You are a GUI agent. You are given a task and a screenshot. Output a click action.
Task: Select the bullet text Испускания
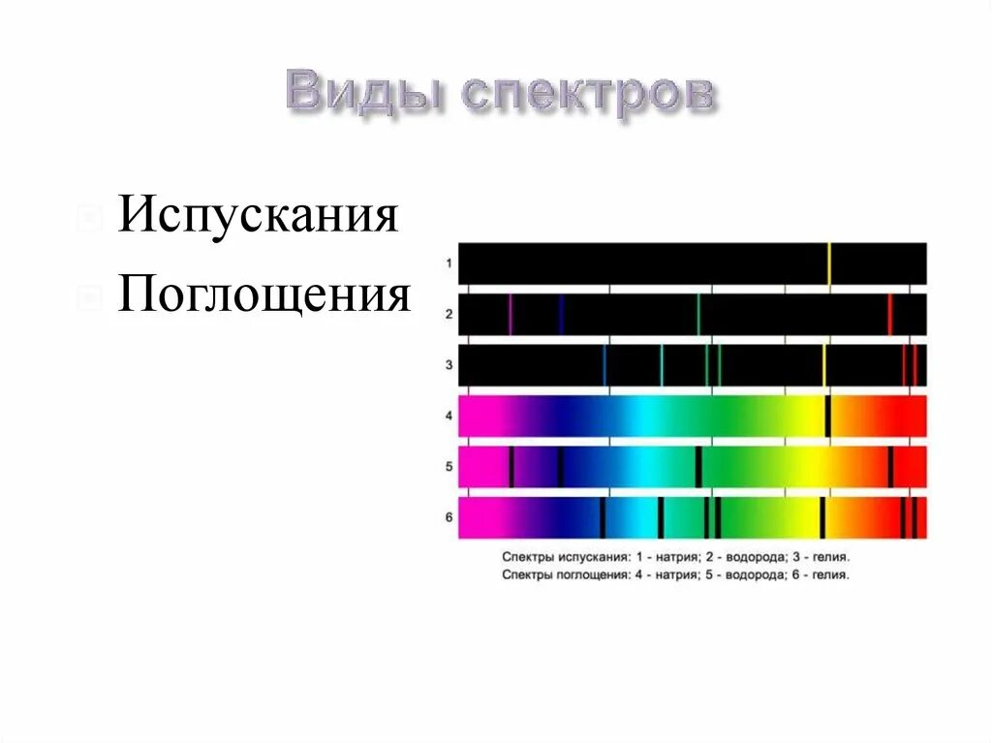(x=259, y=215)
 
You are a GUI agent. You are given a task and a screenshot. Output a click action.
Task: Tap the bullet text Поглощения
(x=264, y=294)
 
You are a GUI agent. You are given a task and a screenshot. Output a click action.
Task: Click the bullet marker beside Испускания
(x=89, y=217)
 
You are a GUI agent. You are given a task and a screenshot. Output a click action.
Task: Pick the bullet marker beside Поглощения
(x=89, y=295)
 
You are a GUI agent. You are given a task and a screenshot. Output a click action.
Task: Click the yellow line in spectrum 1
(x=829, y=263)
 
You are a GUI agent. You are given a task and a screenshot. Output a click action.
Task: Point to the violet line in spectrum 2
(x=510, y=314)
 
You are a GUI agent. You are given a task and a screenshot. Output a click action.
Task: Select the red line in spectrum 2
(x=889, y=314)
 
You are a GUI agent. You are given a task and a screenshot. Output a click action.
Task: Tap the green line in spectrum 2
(x=697, y=314)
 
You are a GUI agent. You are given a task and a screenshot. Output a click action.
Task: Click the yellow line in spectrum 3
(x=823, y=365)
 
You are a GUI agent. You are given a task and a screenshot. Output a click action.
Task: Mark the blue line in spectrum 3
(x=604, y=365)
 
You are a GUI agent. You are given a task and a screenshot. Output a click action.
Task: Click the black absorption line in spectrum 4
(x=828, y=416)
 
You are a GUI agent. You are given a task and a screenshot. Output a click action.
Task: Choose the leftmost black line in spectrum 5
(x=511, y=466)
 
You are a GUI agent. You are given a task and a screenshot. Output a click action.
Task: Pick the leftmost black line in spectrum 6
(x=602, y=517)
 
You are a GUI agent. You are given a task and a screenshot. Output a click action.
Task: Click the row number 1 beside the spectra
(x=449, y=263)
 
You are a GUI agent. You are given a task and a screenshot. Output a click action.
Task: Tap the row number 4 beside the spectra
(x=449, y=416)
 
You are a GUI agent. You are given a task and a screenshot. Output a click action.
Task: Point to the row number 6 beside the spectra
(x=449, y=517)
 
